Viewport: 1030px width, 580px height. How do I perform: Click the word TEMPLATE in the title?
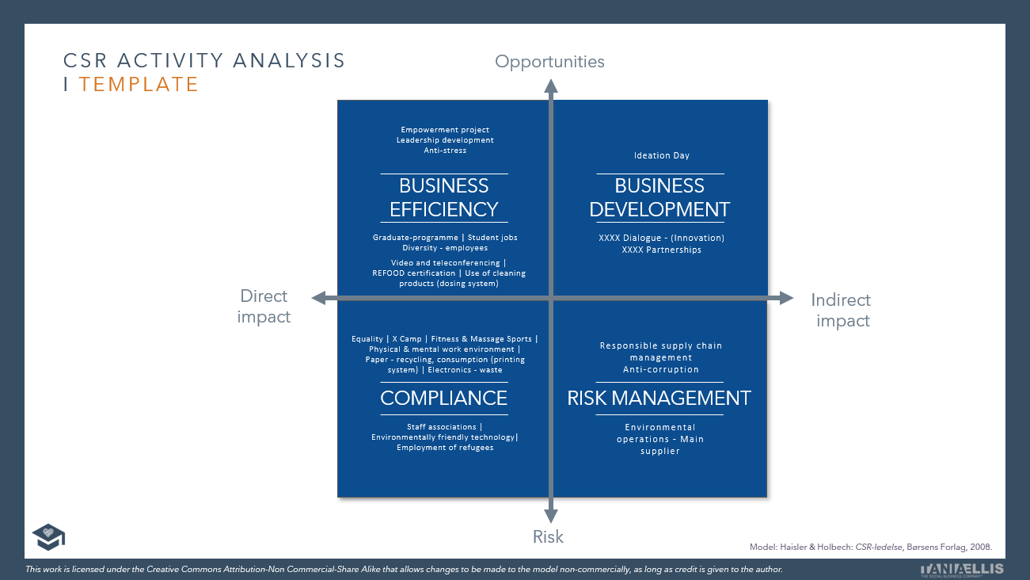pos(139,84)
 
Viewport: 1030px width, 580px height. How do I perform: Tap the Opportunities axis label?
pos(549,62)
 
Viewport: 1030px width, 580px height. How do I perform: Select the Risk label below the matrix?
pos(548,537)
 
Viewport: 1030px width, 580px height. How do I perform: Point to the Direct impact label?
pos(264,306)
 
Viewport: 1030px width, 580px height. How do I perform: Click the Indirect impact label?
pos(841,310)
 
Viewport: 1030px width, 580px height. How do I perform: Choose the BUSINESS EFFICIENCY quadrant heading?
pos(444,197)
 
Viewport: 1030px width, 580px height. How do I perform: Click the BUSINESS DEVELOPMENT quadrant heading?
pos(659,197)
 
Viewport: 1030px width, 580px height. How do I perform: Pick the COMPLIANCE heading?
pos(444,398)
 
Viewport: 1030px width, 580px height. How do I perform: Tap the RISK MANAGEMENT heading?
pos(659,398)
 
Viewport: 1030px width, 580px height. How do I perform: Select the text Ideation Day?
pos(662,156)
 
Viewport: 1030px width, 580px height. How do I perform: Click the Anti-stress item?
pos(445,151)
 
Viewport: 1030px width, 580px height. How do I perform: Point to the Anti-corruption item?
pos(661,369)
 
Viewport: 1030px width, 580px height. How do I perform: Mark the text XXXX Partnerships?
pos(661,250)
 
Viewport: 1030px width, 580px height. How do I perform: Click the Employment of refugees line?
pos(445,448)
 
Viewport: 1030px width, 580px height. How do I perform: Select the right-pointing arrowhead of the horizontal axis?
pos(785,298)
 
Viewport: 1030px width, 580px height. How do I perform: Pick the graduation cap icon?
pos(48,536)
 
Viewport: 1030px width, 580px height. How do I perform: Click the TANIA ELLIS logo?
pos(962,569)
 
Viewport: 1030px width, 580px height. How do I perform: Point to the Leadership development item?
pos(445,140)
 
